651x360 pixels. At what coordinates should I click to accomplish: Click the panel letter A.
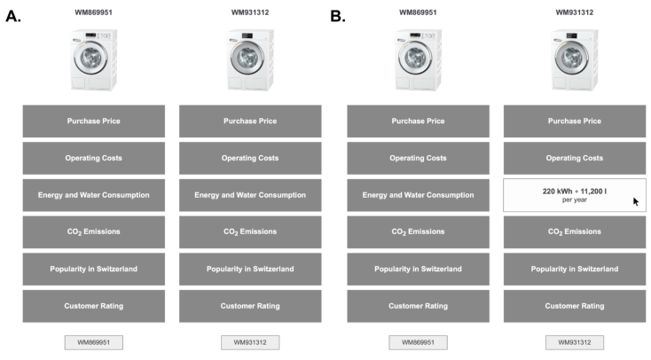point(13,16)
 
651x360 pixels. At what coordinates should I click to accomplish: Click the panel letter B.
point(338,16)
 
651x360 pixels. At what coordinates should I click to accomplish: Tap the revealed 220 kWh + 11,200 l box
point(575,195)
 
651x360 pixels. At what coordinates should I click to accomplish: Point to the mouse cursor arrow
point(636,201)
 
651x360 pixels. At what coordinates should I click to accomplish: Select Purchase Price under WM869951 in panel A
point(94,121)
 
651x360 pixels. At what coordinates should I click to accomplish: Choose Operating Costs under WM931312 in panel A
point(250,158)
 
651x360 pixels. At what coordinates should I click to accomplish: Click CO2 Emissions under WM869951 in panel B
point(418,232)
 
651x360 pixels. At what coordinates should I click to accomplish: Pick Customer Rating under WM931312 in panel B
point(575,306)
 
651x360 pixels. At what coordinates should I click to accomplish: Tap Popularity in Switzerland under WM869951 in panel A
point(94,269)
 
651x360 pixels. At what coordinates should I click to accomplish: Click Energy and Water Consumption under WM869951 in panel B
point(418,195)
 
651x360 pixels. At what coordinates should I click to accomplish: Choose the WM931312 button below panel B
point(575,342)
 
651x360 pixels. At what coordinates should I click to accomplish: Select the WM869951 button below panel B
point(418,342)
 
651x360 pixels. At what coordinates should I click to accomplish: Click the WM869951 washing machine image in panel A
point(94,59)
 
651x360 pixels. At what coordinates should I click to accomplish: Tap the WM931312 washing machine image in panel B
point(575,59)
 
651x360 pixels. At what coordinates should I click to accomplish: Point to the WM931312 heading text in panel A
point(250,12)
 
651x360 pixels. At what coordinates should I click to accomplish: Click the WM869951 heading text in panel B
point(418,12)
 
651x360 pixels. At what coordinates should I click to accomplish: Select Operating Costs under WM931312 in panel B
point(575,158)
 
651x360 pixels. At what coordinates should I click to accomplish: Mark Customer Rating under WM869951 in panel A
point(94,306)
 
